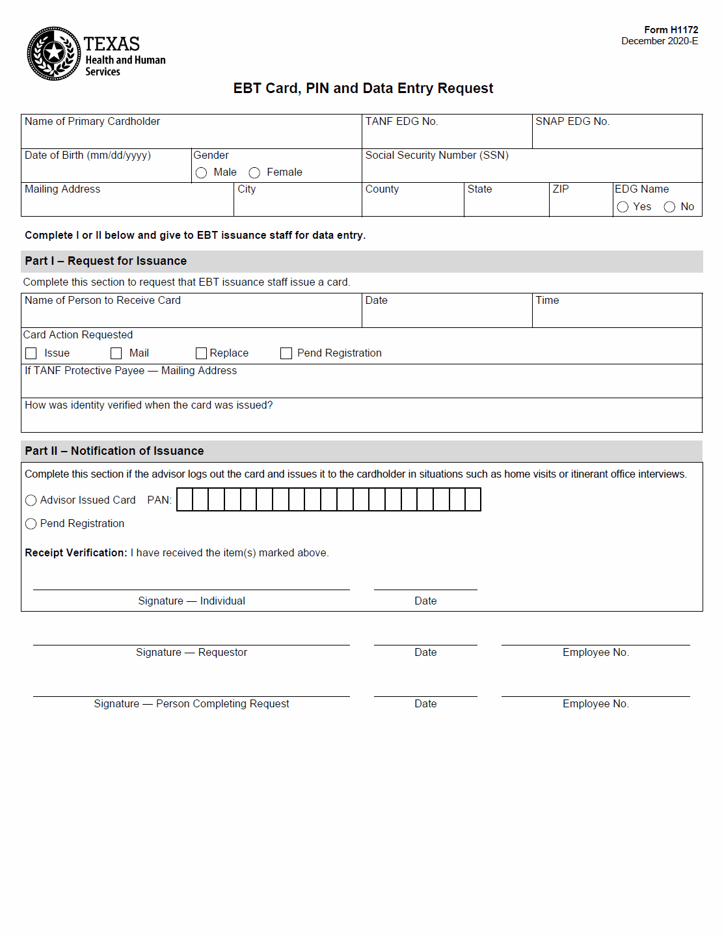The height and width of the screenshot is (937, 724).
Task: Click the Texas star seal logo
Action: [x=54, y=53]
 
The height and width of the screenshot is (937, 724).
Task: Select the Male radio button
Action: [x=201, y=172]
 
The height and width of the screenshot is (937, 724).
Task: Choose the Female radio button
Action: [x=254, y=172]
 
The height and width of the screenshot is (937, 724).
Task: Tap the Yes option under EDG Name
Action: [x=623, y=207]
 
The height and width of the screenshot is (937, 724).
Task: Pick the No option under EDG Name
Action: [x=669, y=207]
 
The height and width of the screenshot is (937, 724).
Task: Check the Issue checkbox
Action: [x=31, y=353]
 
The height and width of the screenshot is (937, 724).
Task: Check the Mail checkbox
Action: [x=116, y=353]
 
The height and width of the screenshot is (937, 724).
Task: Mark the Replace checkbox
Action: [x=201, y=353]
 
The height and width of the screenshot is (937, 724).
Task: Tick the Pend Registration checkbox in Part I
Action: [x=286, y=353]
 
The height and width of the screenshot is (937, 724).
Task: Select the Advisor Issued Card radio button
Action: [x=31, y=500]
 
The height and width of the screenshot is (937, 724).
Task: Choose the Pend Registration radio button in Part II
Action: [x=31, y=524]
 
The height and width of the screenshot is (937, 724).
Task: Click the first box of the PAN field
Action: [x=185, y=500]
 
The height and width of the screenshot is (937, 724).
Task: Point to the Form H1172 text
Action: [x=671, y=30]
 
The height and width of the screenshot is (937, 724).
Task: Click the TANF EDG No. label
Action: [x=401, y=122]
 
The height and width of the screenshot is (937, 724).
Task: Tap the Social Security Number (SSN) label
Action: [x=436, y=156]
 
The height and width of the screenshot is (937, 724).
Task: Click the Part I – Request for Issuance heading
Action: [x=105, y=261]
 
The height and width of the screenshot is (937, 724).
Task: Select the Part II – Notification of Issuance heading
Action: [x=114, y=451]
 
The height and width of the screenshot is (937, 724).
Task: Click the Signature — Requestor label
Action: [x=191, y=653]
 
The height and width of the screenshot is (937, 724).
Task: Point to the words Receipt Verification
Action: [x=75, y=553]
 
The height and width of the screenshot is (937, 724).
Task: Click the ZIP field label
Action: [x=561, y=189]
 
